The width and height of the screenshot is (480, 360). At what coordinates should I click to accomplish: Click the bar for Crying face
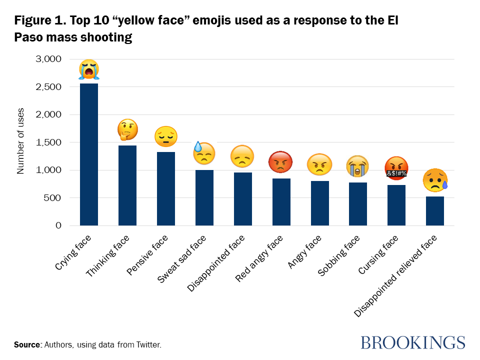89,154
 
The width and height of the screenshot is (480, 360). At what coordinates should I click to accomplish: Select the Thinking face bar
127,185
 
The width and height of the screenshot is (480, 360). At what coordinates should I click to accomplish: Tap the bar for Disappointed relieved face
435,211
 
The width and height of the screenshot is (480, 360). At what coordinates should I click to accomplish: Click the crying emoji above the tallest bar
89,69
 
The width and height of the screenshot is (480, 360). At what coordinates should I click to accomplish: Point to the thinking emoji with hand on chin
127,130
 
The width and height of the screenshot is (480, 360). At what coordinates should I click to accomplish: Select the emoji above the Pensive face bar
165,136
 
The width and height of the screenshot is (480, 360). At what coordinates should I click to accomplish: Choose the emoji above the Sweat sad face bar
204,153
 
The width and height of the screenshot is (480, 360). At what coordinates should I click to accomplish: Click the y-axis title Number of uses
20,142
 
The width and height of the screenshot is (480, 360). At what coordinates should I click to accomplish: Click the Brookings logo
412,342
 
